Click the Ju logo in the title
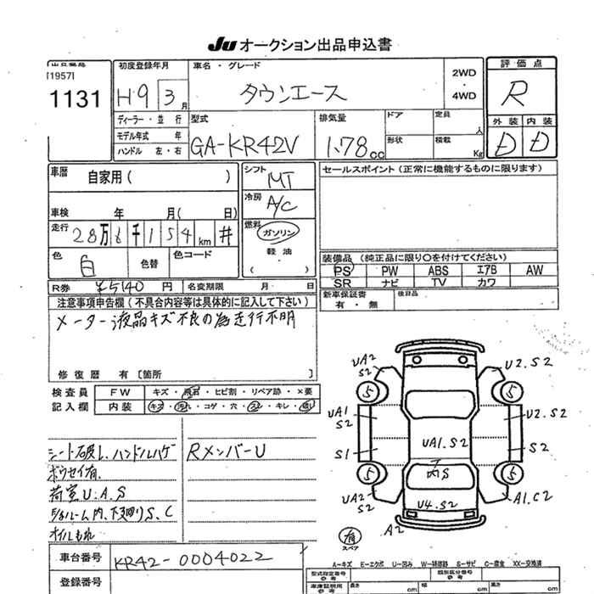pyautogui.click(x=217, y=44)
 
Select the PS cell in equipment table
pyautogui.click(x=343, y=270)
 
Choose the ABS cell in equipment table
pyautogui.click(x=439, y=270)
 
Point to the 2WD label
pyautogui.click(x=464, y=74)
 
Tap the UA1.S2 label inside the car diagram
pyautogui.click(x=444, y=441)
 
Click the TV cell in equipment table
pyautogui.click(x=439, y=282)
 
